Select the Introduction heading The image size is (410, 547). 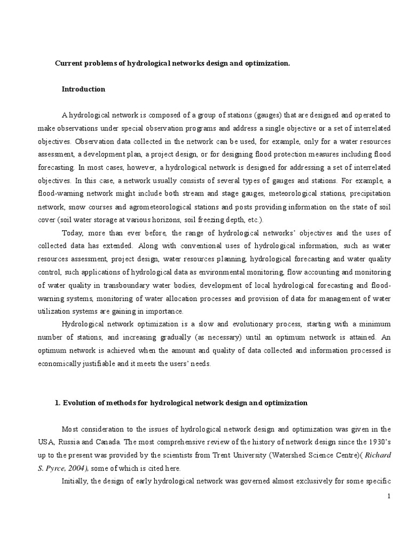pos(83,89)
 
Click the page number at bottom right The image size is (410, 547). pos(389,496)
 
